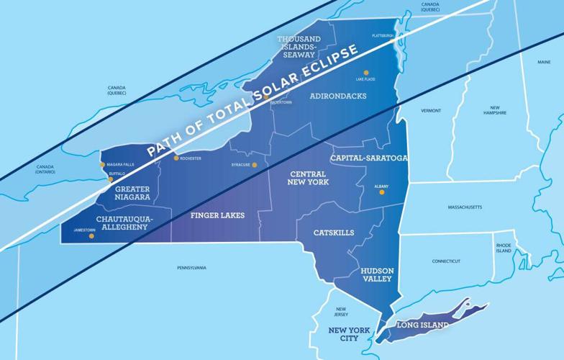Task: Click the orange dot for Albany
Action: [x=382, y=192]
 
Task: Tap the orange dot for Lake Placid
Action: [x=365, y=73]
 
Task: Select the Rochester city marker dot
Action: [x=176, y=158]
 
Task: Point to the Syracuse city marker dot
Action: [x=254, y=165]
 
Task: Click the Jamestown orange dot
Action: [x=91, y=235]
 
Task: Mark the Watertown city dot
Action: [x=265, y=96]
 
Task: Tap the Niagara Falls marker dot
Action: [x=101, y=164]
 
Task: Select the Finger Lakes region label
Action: [x=217, y=215]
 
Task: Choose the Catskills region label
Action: [x=335, y=233]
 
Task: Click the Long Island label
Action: [x=423, y=325]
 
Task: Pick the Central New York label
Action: [x=309, y=179]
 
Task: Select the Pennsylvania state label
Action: [x=191, y=268]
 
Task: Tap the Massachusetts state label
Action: [x=465, y=207]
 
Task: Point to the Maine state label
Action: [x=544, y=62]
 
